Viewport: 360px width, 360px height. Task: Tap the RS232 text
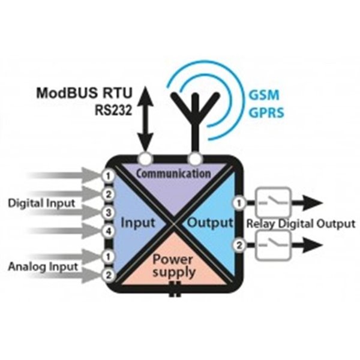(115, 110)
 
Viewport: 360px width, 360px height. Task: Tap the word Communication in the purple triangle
(173, 174)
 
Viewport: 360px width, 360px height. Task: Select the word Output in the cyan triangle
(210, 223)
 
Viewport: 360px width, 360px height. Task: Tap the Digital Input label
(42, 203)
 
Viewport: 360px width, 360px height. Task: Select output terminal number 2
(239, 244)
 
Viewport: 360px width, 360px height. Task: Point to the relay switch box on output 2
(274, 244)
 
